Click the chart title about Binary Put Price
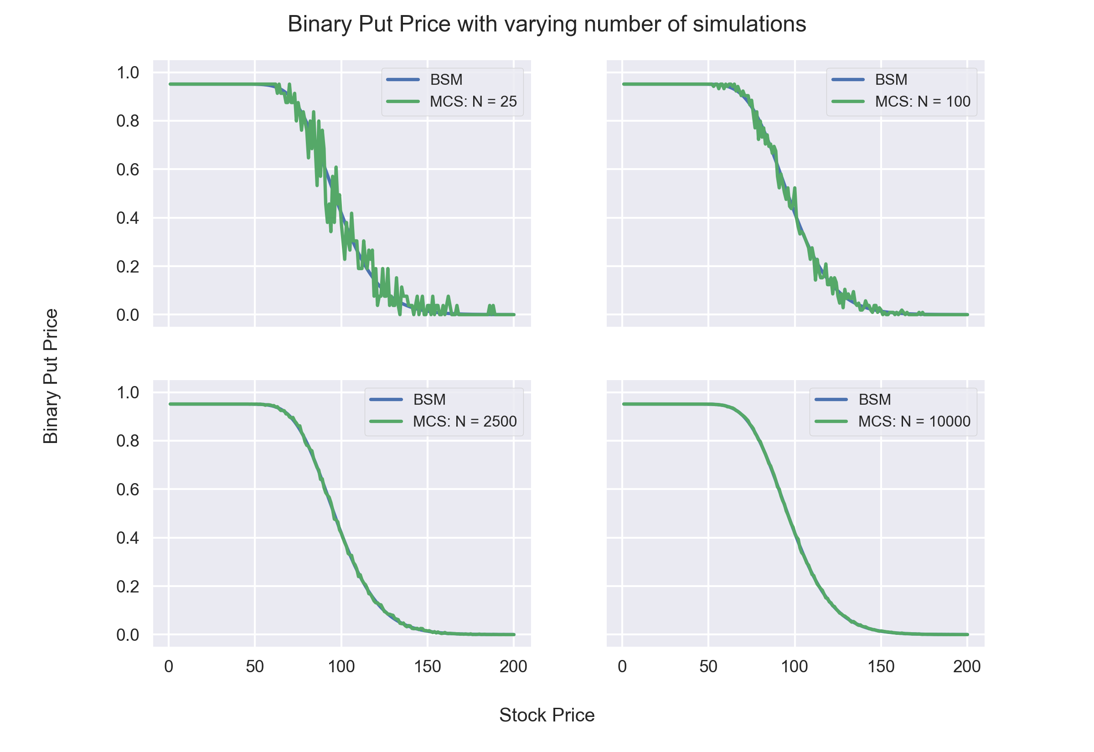pyautogui.click(x=547, y=24)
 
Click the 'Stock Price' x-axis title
pyautogui.click(x=547, y=715)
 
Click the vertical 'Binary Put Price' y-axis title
pyautogui.click(x=51, y=376)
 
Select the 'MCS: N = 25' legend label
pyautogui.click(x=473, y=101)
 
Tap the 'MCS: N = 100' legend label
pyautogui.click(x=923, y=101)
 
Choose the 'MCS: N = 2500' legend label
pyautogui.click(x=464, y=421)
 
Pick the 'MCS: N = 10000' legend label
pyautogui.click(x=914, y=421)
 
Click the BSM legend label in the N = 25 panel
pyautogui.click(x=446, y=80)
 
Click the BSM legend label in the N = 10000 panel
pyautogui.click(x=874, y=400)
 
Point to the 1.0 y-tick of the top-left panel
pyautogui.click(x=128, y=72)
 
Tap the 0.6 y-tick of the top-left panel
pyautogui.click(x=128, y=170)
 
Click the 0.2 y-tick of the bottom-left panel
pyautogui.click(x=128, y=587)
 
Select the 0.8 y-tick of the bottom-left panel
pyautogui.click(x=128, y=441)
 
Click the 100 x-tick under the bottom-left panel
pyautogui.click(x=341, y=667)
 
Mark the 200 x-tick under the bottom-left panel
pyautogui.click(x=514, y=667)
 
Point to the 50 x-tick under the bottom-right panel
pyautogui.click(x=708, y=667)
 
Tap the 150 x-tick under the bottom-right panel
pyautogui.click(x=881, y=667)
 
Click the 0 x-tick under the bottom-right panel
pyautogui.click(x=622, y=667)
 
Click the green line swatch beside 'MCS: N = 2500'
pyautogui.click(x=386, y=421)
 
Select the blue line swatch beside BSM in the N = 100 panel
pyautogui.click(x=848, y=80)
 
